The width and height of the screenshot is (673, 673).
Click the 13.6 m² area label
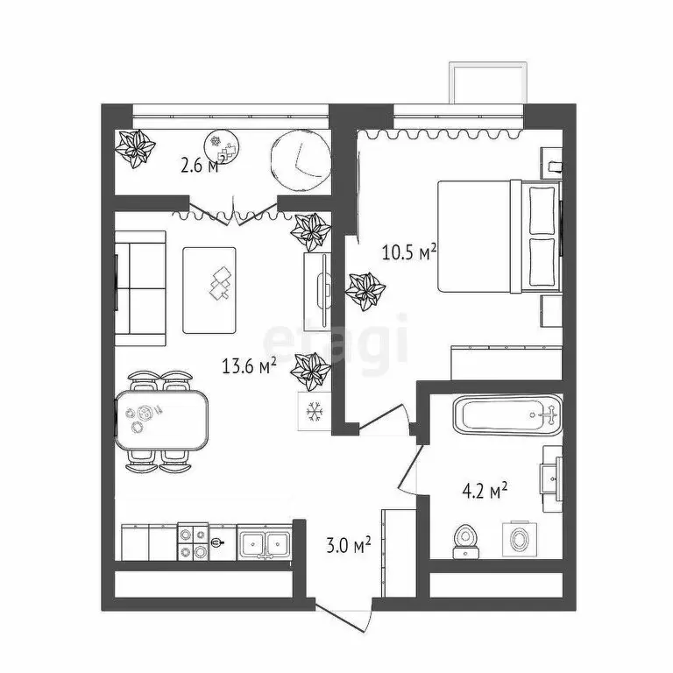[x=249, y=367]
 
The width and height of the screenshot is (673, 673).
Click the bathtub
[x=504, y=415]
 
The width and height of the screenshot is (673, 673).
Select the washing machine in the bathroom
[x=517, y=538]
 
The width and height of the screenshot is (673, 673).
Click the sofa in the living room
[x=140, y=283]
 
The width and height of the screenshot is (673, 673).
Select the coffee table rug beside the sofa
[x=209, y=289]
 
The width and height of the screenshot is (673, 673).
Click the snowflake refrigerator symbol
[x=313, y=410]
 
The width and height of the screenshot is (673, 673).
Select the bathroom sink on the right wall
[x=551, y=474]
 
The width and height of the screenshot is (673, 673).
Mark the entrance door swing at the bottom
[x=344, y=618]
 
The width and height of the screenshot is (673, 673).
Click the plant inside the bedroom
[x=365, y=289]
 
